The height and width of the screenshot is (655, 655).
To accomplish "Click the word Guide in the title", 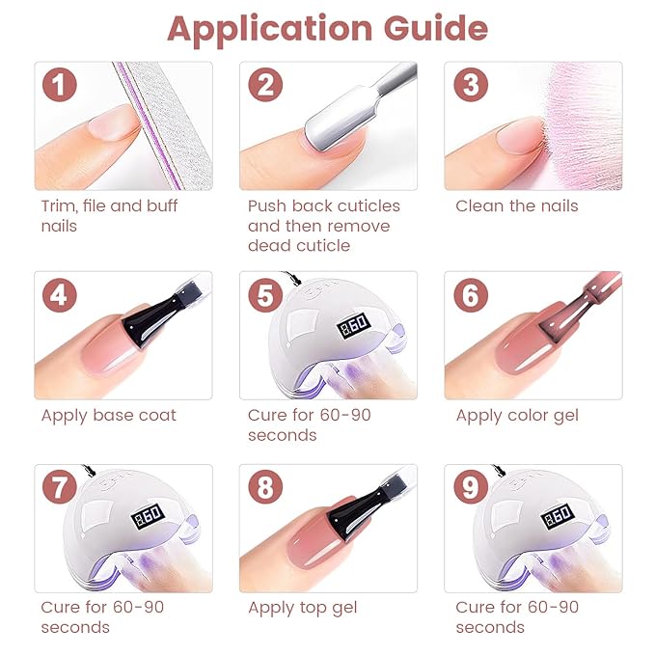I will pyautogui.click(x=436, y=29).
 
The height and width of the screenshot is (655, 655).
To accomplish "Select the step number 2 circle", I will pyautogui.click(x=265, y=85).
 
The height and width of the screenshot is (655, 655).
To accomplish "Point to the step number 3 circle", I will pyautogui.click(x=471, y=85).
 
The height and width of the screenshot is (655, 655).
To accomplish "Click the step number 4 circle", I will pyautogui.click(x=60, y=293).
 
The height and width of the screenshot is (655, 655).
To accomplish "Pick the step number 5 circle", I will pyautogui.click(x=265, y=293).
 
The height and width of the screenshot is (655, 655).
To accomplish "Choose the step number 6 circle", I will pyautogui.click(x=471, y=293).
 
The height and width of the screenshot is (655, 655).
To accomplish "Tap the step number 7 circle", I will pyautogui.click(x=60, y=488).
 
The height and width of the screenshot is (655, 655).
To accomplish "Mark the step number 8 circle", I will pyautogui.click(x=265, y=488).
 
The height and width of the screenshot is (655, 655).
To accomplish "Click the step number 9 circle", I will pyautogui.click(x=471, y=488).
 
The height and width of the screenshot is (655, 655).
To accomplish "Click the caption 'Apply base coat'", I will pyautogui.click(x=108, y=416).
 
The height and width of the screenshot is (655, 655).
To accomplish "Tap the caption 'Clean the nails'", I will pyautogui.click(x=516, y=205).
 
